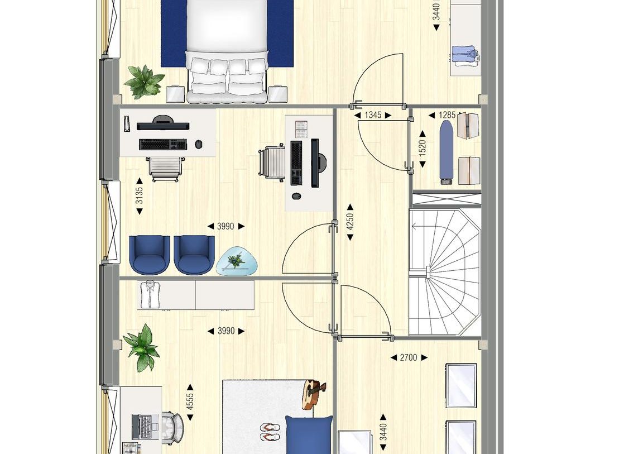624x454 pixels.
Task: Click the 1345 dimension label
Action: click(373, 115)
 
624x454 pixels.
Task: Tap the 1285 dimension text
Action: click(447, 115)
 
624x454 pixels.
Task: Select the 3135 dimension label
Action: click(140, 195)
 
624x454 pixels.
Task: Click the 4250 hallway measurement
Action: click(350, 221)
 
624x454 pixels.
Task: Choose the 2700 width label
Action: click(408, 357)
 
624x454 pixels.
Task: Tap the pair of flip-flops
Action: click(271, 432)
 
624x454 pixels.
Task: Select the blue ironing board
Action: click(446, 151)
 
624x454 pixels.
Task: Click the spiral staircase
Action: click(445, 272)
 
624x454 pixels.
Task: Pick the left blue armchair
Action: click(150, 255)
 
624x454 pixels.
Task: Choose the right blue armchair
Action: click(194, 255)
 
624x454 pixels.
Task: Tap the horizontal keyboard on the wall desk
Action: click(162, 144)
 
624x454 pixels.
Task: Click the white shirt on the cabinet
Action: click(150, 294)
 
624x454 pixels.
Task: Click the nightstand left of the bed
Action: click(175, 94)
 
